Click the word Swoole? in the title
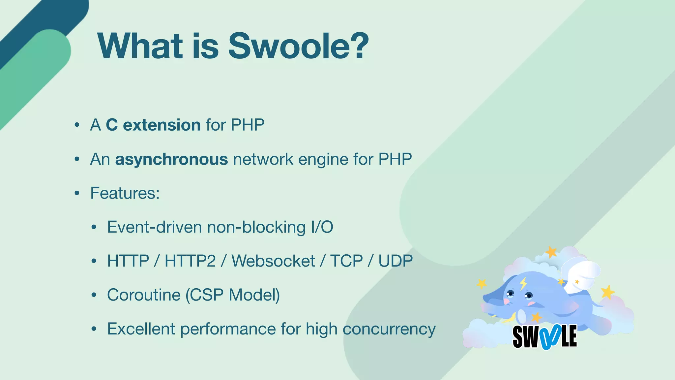tap(298, 46)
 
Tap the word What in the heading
tap(140, 46)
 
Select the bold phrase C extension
tap(153, 125)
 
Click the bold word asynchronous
tap(171, 159)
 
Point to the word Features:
tap(125, 193)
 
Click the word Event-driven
tap(154, 227)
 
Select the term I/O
tap(322, 227)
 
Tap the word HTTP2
tap(190, 261)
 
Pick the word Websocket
tap(273, 261)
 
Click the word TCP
tap(346, 261)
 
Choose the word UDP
tap(395, 261)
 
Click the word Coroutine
tap(144, 295)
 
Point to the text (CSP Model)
tap(232, 295)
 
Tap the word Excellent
tap(141, 329)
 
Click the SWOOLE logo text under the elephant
tap(545, 337)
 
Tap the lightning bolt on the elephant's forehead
tap(523, 283)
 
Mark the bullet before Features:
tap(77, 193)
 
